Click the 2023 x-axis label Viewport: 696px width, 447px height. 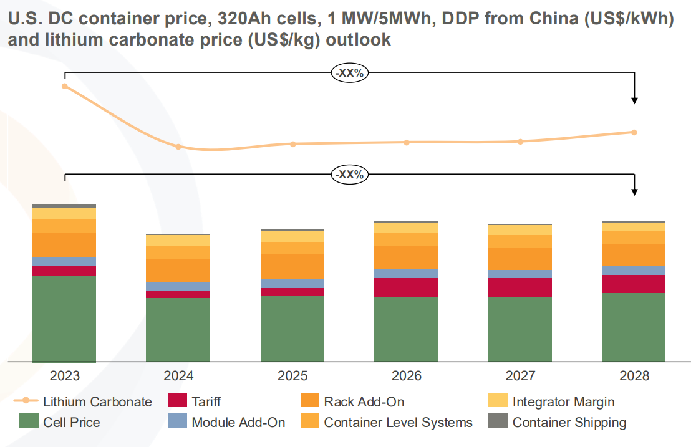(x=64, y=376)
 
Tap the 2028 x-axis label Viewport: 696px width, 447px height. (x=634, y=376)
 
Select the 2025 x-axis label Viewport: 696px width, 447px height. (x=292, y=376)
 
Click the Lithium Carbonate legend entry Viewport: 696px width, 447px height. (x=97, y=401)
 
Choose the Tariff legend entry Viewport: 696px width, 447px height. (x=205, y=401)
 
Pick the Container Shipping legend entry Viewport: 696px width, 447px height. (x=569, y=422)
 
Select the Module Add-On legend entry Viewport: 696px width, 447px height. (x=238, y=422)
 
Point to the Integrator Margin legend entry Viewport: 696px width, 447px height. (x=563, y=401)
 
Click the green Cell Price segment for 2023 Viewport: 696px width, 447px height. (x=64, y=318)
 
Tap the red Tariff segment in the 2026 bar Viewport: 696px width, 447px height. (x=406, y=287)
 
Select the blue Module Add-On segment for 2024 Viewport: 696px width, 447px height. (x=178, y=287)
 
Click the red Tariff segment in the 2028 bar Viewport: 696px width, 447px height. (x=634, y=284)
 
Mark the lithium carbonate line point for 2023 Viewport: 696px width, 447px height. (x=64, y=86)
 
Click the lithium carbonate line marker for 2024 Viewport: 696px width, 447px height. (x=178, y=147)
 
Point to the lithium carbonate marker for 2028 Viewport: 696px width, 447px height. (x=634, y=132)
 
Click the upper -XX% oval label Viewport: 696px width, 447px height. (x=349, y=72)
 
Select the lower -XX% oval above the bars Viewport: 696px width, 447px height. (x=349, y=175)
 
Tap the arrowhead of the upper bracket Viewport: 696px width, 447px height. (x=634, y=100)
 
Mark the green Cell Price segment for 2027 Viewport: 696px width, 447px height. (x=520, y=329)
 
